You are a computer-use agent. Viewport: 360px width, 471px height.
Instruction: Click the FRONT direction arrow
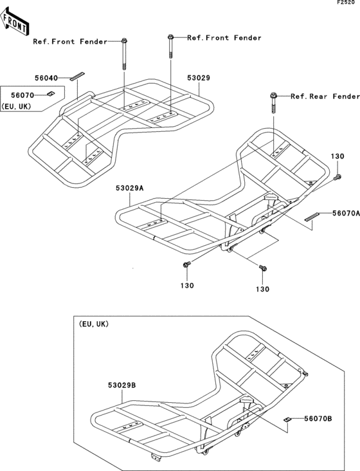14,21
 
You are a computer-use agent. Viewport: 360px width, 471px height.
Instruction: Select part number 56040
46,78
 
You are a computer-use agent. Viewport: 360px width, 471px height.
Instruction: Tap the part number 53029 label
199,78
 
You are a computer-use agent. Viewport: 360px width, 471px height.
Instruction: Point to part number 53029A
130,189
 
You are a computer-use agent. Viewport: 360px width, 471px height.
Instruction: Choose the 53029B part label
122,385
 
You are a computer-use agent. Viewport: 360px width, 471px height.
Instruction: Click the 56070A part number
346,213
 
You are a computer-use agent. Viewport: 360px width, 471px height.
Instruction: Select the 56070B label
318,418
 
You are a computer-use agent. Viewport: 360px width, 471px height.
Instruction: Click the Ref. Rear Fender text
325,97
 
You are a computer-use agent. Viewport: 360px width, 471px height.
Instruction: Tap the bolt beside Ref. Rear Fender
273,102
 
